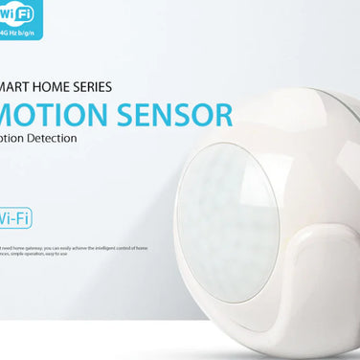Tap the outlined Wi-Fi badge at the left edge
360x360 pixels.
click(x=16, y=217)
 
